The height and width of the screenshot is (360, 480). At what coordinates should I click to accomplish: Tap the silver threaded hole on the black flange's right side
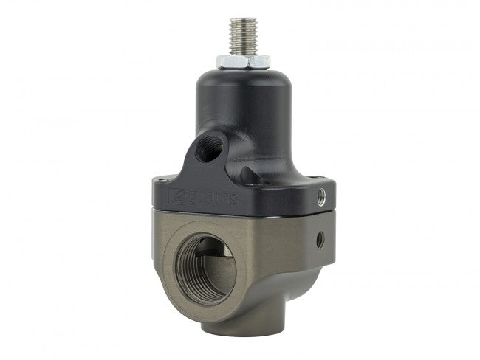click(x=320, y=196)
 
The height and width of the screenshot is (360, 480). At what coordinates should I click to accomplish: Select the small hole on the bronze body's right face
click(x=319, y=239)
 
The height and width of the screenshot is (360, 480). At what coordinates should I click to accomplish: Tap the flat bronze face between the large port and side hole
click(x=284, y=243)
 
